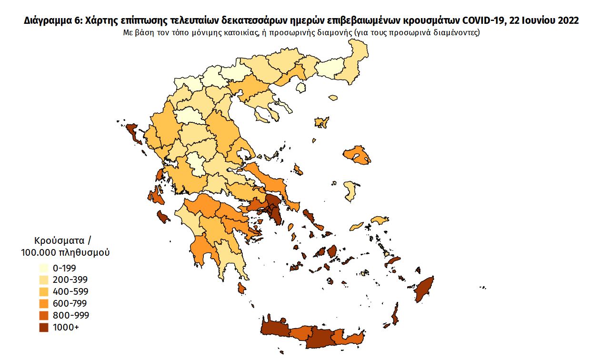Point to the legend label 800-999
point(71,315)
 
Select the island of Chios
point(350,190)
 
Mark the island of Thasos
point(300,88)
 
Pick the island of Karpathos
point(395,315)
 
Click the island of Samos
point(379,220)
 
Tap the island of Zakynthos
point(164,217)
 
